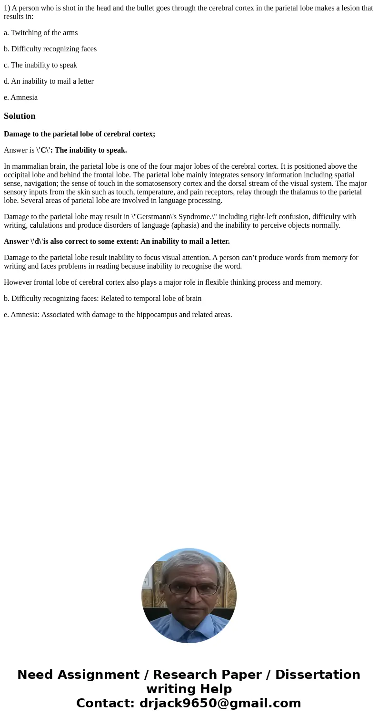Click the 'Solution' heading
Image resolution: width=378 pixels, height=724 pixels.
click(20, 116)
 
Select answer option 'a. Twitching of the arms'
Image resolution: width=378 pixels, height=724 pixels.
click(40, 33)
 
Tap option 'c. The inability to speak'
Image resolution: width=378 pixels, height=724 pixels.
click(40, 65)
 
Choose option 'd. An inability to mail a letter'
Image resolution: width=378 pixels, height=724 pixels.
click(49, 81)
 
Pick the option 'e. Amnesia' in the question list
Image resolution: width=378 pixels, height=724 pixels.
click(20, 97)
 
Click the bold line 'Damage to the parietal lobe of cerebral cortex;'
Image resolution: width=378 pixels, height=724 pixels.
click(80, 134)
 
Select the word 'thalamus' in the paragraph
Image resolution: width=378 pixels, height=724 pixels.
click(293, 192)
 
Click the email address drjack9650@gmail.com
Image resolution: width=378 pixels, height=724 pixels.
click(220, 703)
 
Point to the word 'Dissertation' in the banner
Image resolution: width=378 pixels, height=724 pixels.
click(318, 675)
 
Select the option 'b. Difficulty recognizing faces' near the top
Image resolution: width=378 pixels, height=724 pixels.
click(50, 49)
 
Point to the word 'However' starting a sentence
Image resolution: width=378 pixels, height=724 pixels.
click(18, 282)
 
